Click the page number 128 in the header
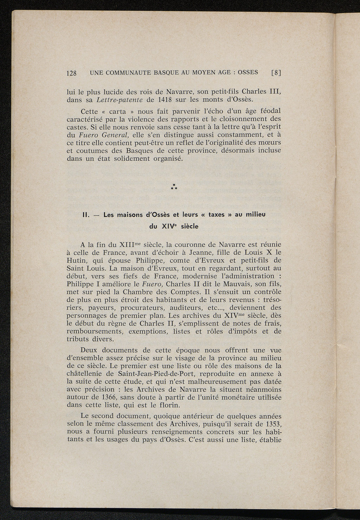coord(72,73)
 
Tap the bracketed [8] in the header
coord(277,73)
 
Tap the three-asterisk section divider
coord(173,187)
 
